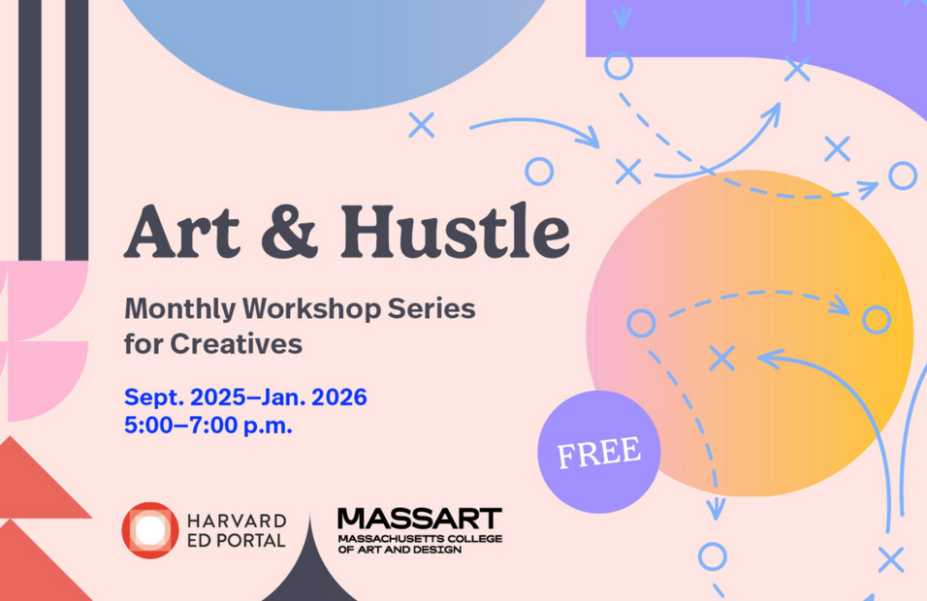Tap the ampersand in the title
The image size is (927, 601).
(x=290, y=233)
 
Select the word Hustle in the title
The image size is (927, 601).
(x=455, y=231)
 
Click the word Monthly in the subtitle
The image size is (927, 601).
(x=179, y=309)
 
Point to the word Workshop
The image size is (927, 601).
(x=311, y=309)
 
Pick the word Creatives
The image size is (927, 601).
(x=237, y=344)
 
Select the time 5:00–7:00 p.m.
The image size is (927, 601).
(x=208, y=426)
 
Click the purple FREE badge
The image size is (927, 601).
(x=598, y=452)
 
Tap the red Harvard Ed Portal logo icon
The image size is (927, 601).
(x=150, y=530)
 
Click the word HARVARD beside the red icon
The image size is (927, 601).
(x=237, y=521)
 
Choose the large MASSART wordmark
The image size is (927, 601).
(x=419, y=519)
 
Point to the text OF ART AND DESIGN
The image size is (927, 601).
(x=400, y=550)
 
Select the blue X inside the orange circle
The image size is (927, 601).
(x=721, y=358)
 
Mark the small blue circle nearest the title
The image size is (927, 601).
(x=539, y=172)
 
